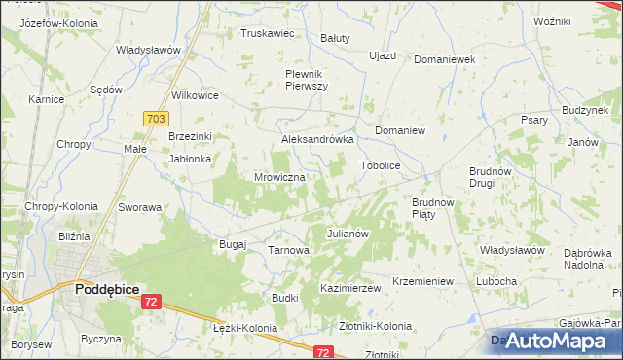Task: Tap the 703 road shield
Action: (154, 118)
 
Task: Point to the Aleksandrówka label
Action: (316, 139)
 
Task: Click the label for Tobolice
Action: (381, 165)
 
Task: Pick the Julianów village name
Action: (347, 234)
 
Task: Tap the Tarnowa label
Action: (288, 250)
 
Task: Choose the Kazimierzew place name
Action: (349, 289)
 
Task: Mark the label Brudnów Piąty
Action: (427, 208)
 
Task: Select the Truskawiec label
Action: (268, 32)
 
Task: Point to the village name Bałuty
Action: (335, 38)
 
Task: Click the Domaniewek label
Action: (444, 59)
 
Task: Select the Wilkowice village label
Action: (195, 95)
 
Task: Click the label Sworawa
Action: (139, 207)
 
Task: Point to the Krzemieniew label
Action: (423, 281)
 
